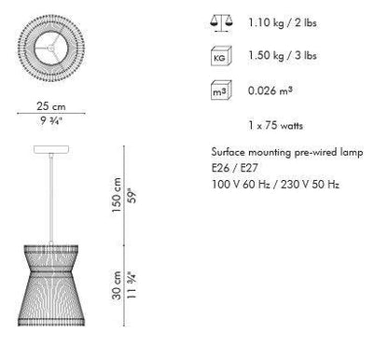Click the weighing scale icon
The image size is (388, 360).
tap(221, 23)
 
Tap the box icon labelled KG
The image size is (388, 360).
tap(221, 56)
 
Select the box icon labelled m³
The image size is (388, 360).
tap(221, 90)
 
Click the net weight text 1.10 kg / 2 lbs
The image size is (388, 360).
tap(283, 22)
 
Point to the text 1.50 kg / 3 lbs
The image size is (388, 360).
tap(283, 56)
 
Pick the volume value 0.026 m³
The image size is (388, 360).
tap(270, 90)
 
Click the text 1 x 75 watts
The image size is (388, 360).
tap(275, 125)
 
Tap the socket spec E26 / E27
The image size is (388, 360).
tap(235, 168)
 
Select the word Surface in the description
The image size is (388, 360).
tap(229, 152)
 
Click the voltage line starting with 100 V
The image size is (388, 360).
tap(275, 185)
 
